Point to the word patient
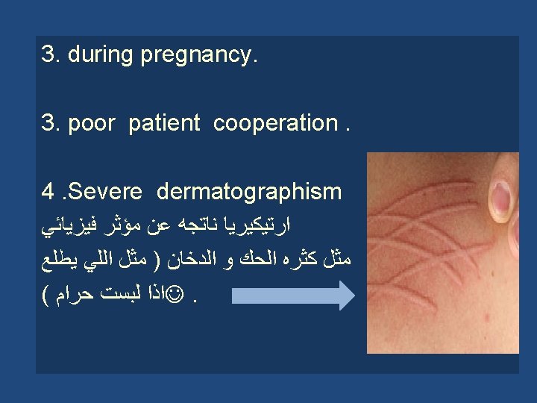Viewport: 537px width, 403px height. point(164,123)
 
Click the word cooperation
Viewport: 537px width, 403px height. point(275,123)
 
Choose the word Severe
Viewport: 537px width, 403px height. point(107,192)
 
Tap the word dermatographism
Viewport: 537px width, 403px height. point(249,192)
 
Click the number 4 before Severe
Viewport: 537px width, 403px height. point(49,192)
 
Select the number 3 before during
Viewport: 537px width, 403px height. point(48,55)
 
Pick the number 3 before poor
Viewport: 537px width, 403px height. point(48,123)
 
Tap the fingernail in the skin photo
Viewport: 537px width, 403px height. point(498,198)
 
